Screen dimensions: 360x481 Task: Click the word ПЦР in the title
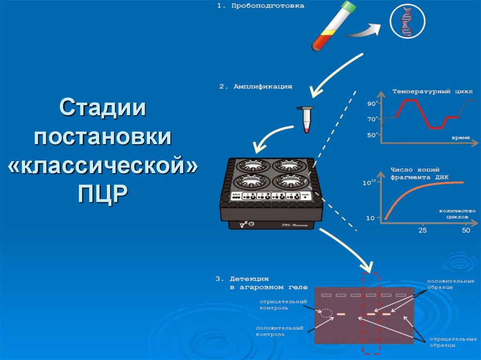click(x=102, y=192)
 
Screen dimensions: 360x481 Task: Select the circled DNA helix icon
click(x=407, y=22)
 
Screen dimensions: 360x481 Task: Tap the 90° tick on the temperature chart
click(x=372, y=103)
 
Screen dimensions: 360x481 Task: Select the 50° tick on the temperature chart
click(x=372, y=135)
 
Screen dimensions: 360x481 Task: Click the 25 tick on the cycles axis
click(x=423, y=230)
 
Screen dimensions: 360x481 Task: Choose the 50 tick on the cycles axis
click(x=465, y=230)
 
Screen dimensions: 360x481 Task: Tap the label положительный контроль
click(x=279, y=331)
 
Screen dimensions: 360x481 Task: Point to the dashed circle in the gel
click(x=326, y=314)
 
